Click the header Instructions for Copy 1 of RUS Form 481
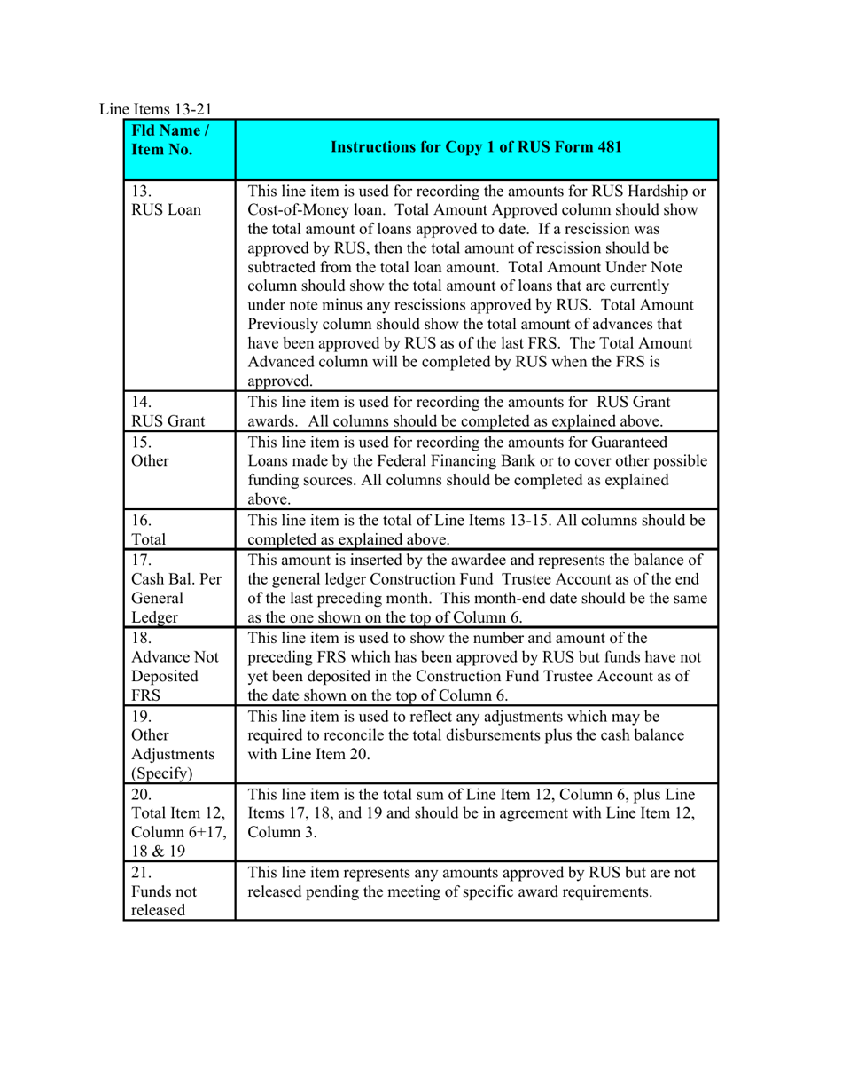(476, 148)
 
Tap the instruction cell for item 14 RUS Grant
(476, 411)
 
